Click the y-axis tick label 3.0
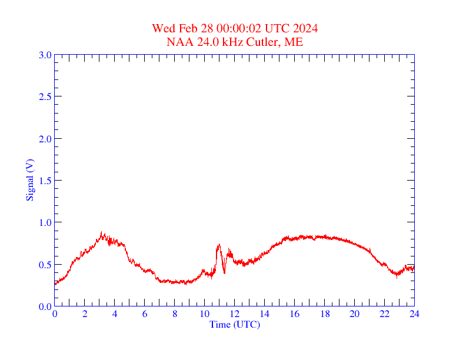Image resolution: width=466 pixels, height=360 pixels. point(45,55)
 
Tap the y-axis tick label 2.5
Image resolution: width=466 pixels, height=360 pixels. point(45,96)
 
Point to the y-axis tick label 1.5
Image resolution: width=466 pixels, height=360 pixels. point(45,181)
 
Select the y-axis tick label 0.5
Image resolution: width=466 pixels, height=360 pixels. point(45,265)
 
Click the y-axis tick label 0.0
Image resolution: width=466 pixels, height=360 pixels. point(45,306)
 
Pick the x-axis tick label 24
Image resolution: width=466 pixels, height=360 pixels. point(414,314)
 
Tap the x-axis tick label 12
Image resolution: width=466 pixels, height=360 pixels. point(234,314)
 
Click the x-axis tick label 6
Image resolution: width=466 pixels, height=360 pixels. point(145,314)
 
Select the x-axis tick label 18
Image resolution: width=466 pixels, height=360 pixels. point(324,314)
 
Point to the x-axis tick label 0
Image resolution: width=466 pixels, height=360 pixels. point(55,314)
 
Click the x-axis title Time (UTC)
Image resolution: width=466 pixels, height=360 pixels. point(235,324)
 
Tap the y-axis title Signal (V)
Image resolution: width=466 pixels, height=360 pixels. point(29,180)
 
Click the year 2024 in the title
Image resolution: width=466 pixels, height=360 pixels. point(306,29)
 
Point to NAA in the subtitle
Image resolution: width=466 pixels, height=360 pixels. point(178,42)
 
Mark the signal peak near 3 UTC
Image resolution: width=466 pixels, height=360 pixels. point(101,233)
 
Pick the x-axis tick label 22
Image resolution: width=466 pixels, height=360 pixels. point(384,314)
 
